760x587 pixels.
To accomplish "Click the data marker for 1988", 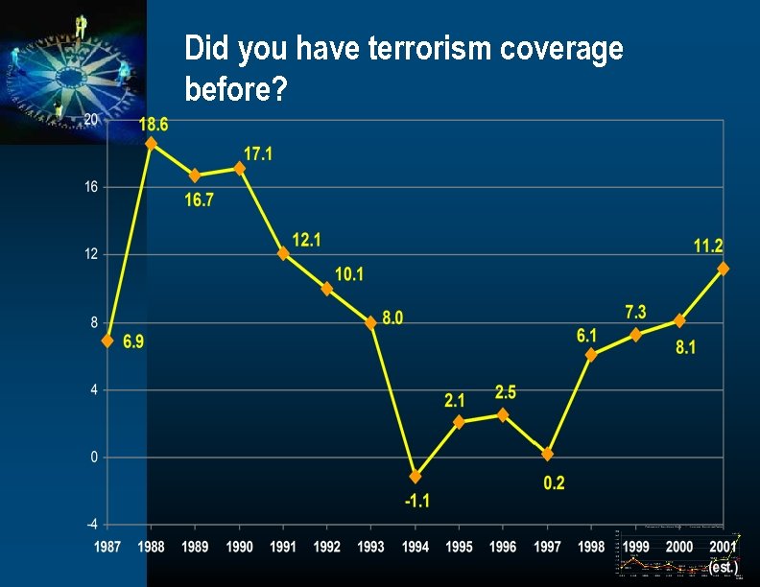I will [151, 143].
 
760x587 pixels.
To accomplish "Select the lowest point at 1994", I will [416, 476].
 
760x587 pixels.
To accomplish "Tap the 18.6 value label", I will [154, 124].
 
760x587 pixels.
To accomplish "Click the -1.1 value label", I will [416, 500].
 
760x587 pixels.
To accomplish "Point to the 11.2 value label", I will [708, 247].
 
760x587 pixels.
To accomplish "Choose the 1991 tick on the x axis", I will [283, 547].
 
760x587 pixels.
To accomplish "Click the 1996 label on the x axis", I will [503, 547].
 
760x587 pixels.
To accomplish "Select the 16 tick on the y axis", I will [91, 187].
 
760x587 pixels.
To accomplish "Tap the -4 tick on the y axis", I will [91, 525].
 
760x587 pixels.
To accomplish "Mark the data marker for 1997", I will [547, 454].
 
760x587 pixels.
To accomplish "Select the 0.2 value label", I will [554, 483].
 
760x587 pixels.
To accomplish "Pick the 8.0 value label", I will [392, 317].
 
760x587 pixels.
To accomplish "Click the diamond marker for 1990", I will [240, 168].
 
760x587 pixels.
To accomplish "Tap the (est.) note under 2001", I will [723, 567].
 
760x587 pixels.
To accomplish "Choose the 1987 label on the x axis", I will [107, 547].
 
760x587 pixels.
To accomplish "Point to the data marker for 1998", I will [591, 354].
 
